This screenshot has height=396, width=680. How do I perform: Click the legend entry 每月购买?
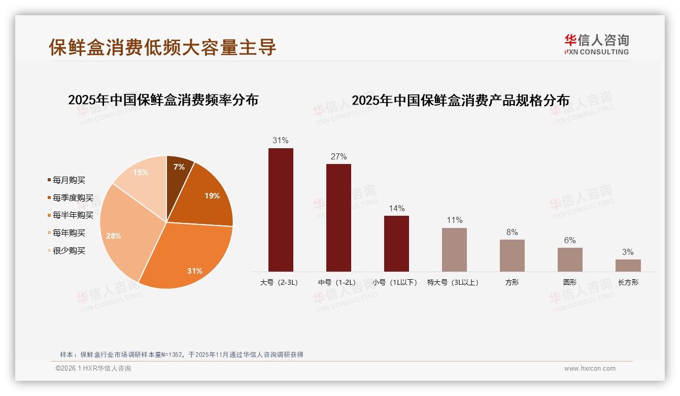(x=69, y=180)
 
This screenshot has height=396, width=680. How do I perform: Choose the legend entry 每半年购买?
(x=73, y=215)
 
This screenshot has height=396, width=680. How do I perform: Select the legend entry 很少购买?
(x=69, y=251)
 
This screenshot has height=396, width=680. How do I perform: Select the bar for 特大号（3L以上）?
(x=454, y=249)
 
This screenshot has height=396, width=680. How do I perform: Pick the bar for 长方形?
(x=628, y=265)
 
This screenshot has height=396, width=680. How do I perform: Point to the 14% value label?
(x=396, y=208)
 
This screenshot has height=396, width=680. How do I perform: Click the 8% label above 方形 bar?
(x=512, y=232)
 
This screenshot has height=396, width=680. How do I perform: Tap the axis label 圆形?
(x=569, y=282)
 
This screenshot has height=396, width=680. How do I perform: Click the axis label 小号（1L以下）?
(x=395, y=282)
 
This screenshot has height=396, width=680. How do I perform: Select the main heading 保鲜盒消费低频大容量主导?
(x=162, y=47)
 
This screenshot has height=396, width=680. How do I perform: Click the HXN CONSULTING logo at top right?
(x=596, y=44)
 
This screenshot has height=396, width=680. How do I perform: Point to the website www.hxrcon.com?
(x=590, y=369)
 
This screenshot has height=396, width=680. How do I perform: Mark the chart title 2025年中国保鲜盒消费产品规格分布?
(x=460, y=100)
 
